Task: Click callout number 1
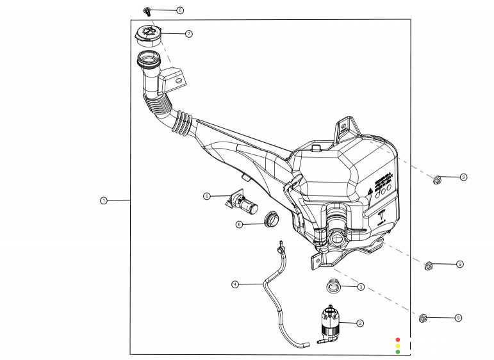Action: pyautogui.click(x=103, y=200)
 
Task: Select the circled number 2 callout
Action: pyautogui.click(x=360, y=323)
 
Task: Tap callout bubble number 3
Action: pyautogui.click(x=361, y=287)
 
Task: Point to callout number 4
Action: pyautogui.click(x=235, y=284)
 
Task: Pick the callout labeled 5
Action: pyautogui.click(x=207, y=196)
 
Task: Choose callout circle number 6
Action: pyautogui.click(x=239, y=224)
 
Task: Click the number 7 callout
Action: pyautogui.click(x=188, y=33)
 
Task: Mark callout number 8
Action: pyautogui.click(x=180, y=11)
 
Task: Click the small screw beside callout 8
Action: pyautogui.click(x=147, y=11)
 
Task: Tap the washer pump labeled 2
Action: pyautogui.click(x=329, y=322)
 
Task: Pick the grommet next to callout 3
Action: pyautogui.click(x=333, y=286)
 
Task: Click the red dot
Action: pyautogui.click(x=397, y=340)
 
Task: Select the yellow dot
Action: pyautogui.click(x=397, y=346)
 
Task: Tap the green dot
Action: pyautogui.click(x=397, y=352)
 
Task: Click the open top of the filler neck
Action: pyautogui.click(x=148, y=62)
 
